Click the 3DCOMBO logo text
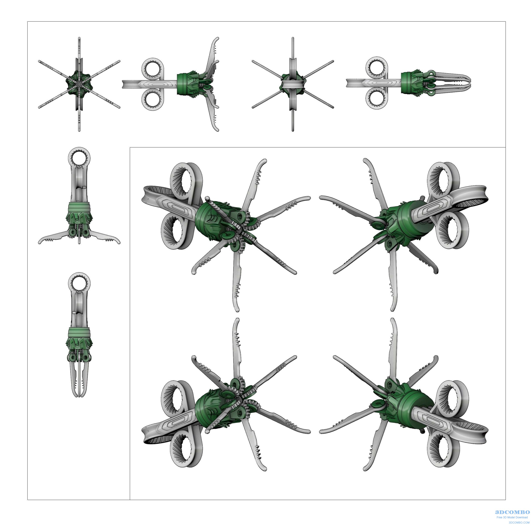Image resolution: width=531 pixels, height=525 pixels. [512, 512]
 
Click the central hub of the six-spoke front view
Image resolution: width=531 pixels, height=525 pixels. [79, 84]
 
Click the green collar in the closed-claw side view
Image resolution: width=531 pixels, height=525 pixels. [411, 82]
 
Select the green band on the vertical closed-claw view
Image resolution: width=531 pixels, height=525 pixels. [79, 332]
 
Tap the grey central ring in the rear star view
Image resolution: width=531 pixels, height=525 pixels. [293, 84]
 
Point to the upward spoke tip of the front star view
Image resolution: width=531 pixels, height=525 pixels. [79, 39]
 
